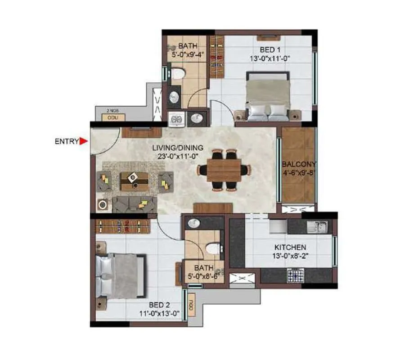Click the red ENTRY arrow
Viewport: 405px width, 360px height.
83,141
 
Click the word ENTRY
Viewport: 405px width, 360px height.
67,141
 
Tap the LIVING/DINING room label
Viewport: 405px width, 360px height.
177,148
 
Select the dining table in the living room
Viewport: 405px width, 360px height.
224,171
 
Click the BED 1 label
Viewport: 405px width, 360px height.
268,49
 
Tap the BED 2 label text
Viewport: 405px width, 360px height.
160,305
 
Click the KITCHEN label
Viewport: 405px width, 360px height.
290,247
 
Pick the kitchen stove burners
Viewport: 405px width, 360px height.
297,275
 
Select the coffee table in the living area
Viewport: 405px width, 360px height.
134,180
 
